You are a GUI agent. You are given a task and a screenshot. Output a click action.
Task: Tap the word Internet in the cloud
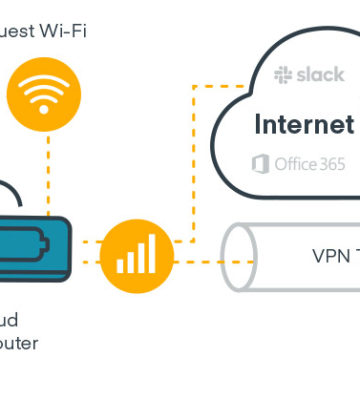tap(304, 125)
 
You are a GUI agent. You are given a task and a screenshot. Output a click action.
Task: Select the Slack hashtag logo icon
tap(282, 75)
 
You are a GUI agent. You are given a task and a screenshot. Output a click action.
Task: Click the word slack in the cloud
tap(319, 75)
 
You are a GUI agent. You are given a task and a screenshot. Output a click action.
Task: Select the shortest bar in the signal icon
tap(121, 266)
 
